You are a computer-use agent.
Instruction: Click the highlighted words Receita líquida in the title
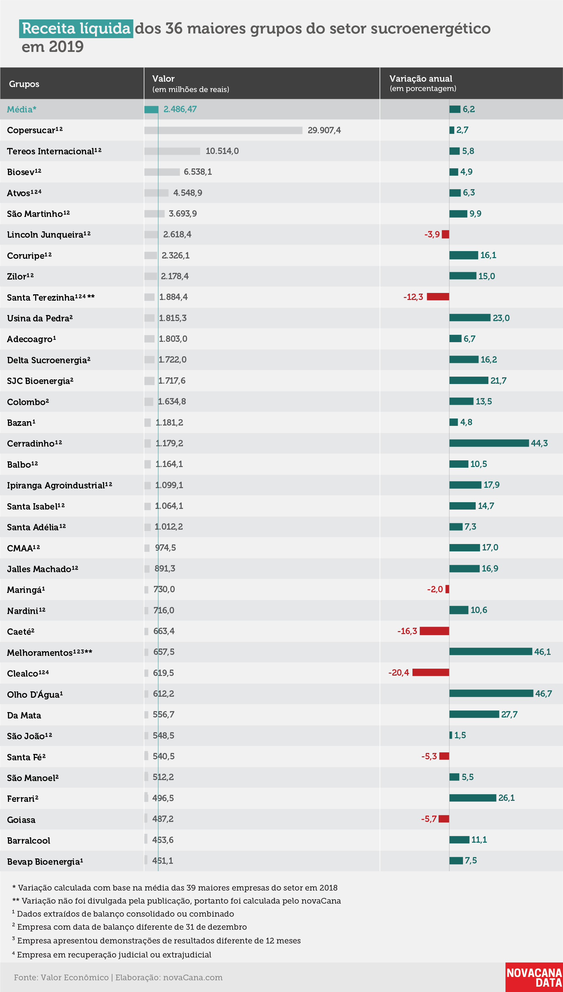[x=76, y=29]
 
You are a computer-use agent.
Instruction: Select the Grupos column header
[x=24, y=84]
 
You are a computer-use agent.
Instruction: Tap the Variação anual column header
[x=421, y=79]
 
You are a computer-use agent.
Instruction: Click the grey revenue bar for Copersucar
[x=223, y=130]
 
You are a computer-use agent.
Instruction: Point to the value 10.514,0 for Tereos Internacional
[x=222, y=151]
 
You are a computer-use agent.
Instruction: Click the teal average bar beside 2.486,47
[x=151, y=109]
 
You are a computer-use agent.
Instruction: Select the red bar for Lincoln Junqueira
[x=446, y=234]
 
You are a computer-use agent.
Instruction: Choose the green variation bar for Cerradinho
[x=489, y=443]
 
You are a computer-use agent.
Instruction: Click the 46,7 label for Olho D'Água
[x=543, y=694]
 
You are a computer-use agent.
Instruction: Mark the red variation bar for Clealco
[x=431, y=672]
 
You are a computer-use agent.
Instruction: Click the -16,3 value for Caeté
[x=407, y=631]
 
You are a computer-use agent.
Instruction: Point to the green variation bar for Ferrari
[x=473, y=798]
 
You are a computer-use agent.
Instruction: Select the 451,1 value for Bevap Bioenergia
[x=162, y=860]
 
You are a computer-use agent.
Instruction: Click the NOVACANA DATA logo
[x=534, y=977]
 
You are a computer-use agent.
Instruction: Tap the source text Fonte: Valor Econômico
[x=62, y=977]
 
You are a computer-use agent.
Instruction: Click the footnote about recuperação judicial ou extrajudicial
[x=112, y=955]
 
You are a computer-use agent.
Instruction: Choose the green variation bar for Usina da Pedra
[x=470, y=318]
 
